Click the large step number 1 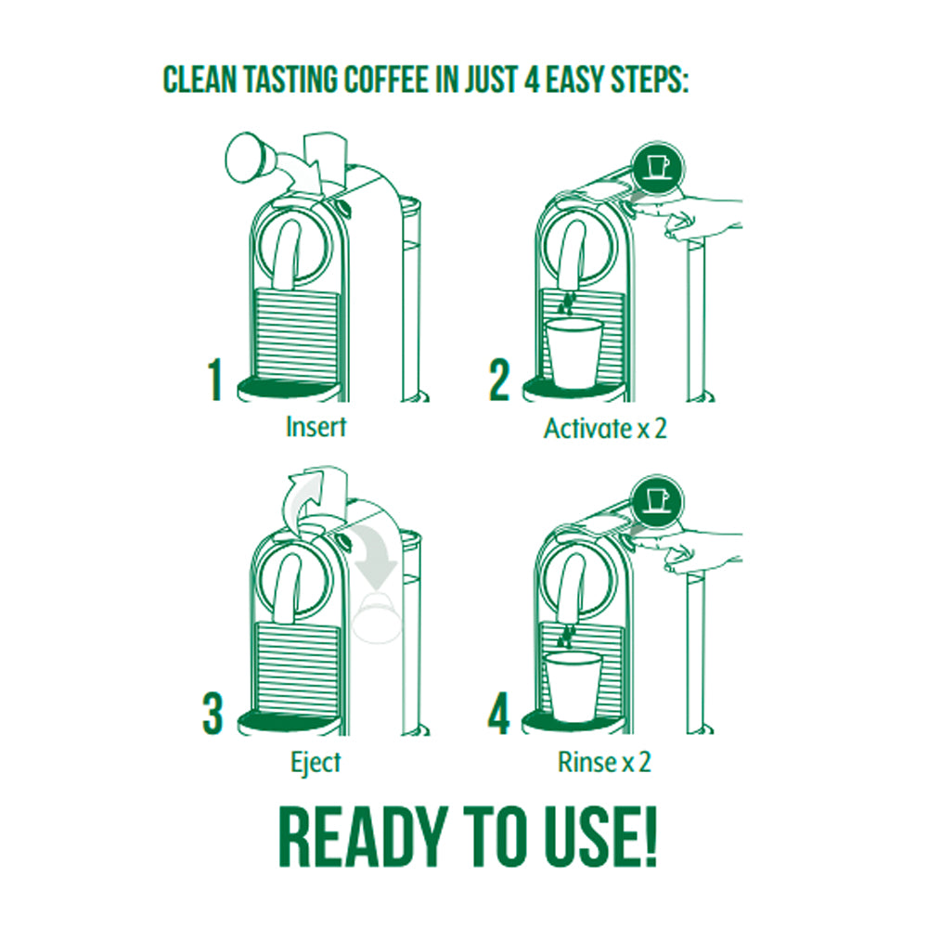[216, 380]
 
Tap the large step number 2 [499, 380]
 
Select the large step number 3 [213, 715]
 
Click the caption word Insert [316, 428]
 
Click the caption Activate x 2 [605, 429]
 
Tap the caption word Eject [315, 763]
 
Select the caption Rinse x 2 [604, 763]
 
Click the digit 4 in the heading [532, 79]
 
